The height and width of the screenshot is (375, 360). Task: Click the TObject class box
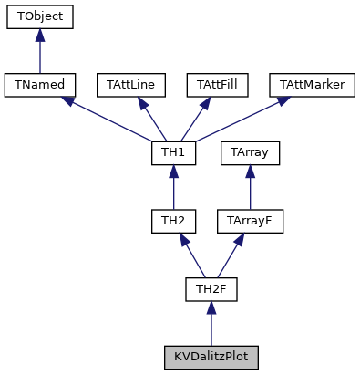(x=39, y=16)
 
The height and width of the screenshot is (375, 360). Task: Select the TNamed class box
(x=39, y=85)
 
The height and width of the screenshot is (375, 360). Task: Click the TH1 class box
(x=174, y=153)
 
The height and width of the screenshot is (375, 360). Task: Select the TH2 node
(x=174, y=222)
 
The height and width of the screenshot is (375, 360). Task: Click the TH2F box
(x=211, y=290)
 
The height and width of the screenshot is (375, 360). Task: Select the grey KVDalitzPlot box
(x=211, y=358)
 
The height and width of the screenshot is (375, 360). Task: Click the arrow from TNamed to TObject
(x=39, y=51)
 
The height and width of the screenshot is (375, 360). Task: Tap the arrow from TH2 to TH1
(x=174, y=188)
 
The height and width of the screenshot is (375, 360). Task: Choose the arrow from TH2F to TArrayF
(x=231, y=256)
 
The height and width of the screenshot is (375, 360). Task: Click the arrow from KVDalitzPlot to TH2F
(x=211, y=325)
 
